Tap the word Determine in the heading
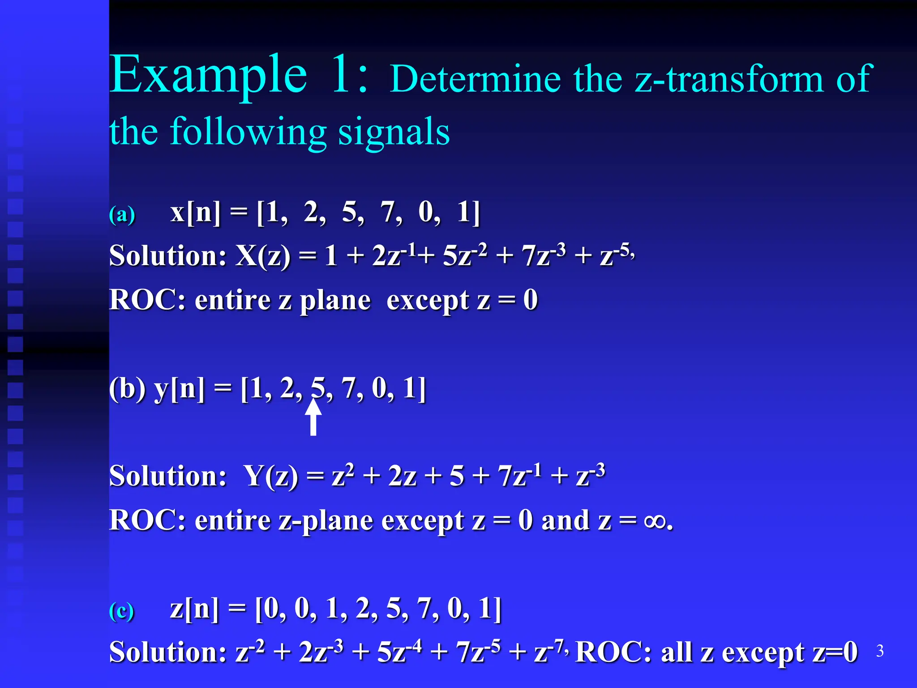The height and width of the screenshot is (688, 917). click(475, 80)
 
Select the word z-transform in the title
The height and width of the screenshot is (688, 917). click(729, 80)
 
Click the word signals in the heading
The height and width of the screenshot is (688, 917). click(394, 132)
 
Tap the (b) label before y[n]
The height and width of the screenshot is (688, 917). click(127, 388)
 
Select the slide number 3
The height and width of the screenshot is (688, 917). click(880, 651)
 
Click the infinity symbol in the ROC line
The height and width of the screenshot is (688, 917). click(655, 521)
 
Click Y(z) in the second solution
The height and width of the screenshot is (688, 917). click(271, 476)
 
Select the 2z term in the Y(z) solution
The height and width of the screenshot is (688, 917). click(402, 476)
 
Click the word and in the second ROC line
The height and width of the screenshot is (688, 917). click(565, 521)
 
